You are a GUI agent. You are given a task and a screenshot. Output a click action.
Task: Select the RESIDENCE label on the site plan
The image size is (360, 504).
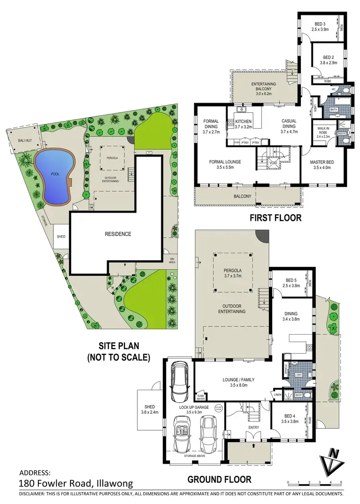pos(118,234)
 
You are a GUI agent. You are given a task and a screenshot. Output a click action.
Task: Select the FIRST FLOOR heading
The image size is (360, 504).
pos(275,218)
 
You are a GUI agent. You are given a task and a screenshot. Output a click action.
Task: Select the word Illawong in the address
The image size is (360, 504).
pos(109,483)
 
